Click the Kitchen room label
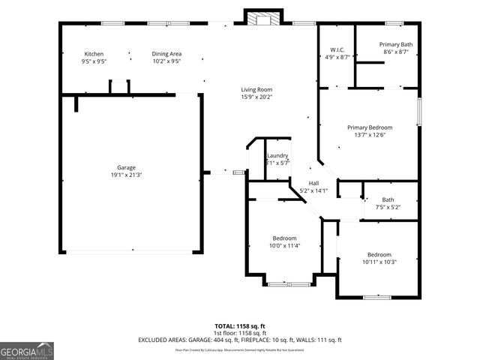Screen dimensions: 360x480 [94, 54]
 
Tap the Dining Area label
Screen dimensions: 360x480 [166, 54]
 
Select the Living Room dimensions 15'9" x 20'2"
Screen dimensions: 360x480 [256, 97]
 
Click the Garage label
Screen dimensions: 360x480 [126, 167]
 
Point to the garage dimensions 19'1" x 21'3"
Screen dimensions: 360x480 [126, 175]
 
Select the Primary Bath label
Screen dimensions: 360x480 [395, 44]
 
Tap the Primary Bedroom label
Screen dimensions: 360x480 [370, 127]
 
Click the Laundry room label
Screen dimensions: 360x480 [277, 155]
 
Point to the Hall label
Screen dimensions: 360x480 [313, 183]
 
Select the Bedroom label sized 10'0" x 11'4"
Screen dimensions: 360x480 [284, 238]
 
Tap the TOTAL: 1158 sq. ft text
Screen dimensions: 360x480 [239, 326]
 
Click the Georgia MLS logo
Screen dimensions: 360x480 [27, 350]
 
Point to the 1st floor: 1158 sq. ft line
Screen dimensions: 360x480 [239, 333]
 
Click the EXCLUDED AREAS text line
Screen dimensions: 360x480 [239, 340]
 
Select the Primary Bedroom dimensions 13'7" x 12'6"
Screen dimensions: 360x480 [370, 135]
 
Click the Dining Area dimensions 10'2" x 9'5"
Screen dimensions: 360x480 [166, 61]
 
